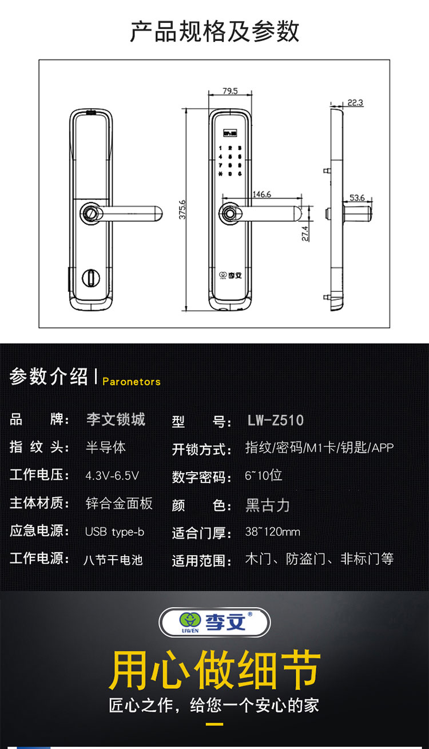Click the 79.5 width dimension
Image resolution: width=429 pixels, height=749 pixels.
tap(229, 91)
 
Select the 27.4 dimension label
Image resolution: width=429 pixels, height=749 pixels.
tap(305, 233)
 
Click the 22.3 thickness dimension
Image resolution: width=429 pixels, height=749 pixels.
tap(355, 103)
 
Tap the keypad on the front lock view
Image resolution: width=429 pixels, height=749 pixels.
tap(229, 161)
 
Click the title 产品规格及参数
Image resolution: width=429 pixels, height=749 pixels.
tap(214, 31)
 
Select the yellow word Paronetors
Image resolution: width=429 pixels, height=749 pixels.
tap(132, 382)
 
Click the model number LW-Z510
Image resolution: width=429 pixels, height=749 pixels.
tap(276, 421)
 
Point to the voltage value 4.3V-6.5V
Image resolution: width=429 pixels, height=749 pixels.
tap(112, 475)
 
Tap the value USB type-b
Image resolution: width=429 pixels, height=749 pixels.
tap(114, 532)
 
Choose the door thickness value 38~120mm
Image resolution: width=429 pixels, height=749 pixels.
tap(272, 532)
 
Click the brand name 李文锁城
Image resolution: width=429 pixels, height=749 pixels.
tap(116, 419)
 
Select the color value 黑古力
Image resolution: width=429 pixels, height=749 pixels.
tap(268, 505)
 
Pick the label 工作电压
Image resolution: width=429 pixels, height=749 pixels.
tap(39, 475)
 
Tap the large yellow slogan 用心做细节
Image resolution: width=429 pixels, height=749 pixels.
tap(214, 670)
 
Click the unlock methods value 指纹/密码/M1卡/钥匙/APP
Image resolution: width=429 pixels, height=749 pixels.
tap(319, 448)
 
